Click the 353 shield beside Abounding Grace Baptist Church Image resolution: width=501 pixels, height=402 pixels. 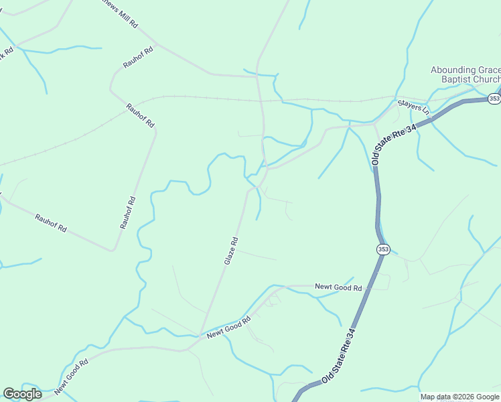494,98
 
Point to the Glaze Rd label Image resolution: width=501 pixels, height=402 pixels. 231,251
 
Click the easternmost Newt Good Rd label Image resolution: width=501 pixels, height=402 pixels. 339,288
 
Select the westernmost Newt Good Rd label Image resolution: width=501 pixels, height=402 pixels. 72,377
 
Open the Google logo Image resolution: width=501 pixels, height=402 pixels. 22,394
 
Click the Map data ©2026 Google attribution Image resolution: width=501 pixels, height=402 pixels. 460,397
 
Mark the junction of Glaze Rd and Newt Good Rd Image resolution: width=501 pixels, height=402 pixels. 200,335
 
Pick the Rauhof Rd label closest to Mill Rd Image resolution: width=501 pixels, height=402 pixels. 139,58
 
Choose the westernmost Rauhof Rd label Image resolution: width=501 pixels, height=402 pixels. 51,224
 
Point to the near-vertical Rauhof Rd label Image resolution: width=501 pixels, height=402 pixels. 128,212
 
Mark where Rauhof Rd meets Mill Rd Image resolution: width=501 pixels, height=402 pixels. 157,44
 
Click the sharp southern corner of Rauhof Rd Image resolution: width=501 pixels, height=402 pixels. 114,251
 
